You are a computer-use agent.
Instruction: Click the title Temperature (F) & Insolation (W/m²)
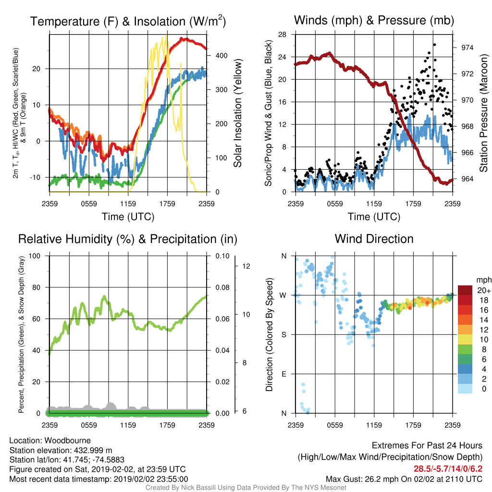[x=128, y=21]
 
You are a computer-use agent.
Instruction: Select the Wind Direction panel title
[x=374, y=239]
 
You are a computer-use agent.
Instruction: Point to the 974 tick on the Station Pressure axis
[x=467, y=48]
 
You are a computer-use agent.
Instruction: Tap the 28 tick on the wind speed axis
[x=283, y=35]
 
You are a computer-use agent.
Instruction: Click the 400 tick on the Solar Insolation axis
[x=221, y=56]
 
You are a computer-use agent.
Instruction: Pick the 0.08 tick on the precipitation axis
[x=222, y=287]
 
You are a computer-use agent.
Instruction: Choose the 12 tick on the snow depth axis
[x=246, y=266]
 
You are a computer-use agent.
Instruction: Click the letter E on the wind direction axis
[x=284, y=374]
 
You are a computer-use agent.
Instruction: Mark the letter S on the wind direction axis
[x=284, y=335]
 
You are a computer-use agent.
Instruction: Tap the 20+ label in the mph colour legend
[x=484, y=291]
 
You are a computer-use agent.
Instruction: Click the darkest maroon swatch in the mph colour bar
[x=465, y=290]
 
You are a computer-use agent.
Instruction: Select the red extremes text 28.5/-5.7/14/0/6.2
[x=448, y=469]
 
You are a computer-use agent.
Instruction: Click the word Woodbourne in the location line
[x=67, y=441]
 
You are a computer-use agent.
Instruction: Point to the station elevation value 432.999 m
[x=93, y=451]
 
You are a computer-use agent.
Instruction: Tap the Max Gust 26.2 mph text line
[x=404, y=479]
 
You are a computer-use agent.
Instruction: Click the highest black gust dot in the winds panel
[x=434, y=45]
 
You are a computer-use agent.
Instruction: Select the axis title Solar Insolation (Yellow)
[x=238, y=113]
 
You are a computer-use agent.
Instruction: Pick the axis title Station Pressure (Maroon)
[x=483, y=113]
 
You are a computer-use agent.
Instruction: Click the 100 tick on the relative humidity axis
[x=35, y=256]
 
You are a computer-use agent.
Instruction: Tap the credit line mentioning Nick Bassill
[x=246, y=488]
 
